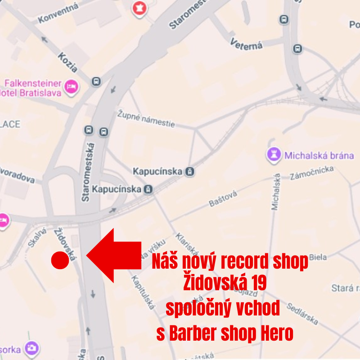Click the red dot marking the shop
tap(60, 260)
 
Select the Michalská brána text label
tap(319, 156)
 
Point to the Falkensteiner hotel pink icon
tap(71, 86)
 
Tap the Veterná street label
tap(246, 44)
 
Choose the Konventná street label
tap(58, 13)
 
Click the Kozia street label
tap(67, 62)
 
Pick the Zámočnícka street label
tap(312, 172)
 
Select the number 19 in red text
tap(256, 284)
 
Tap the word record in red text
tap(232, 262)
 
